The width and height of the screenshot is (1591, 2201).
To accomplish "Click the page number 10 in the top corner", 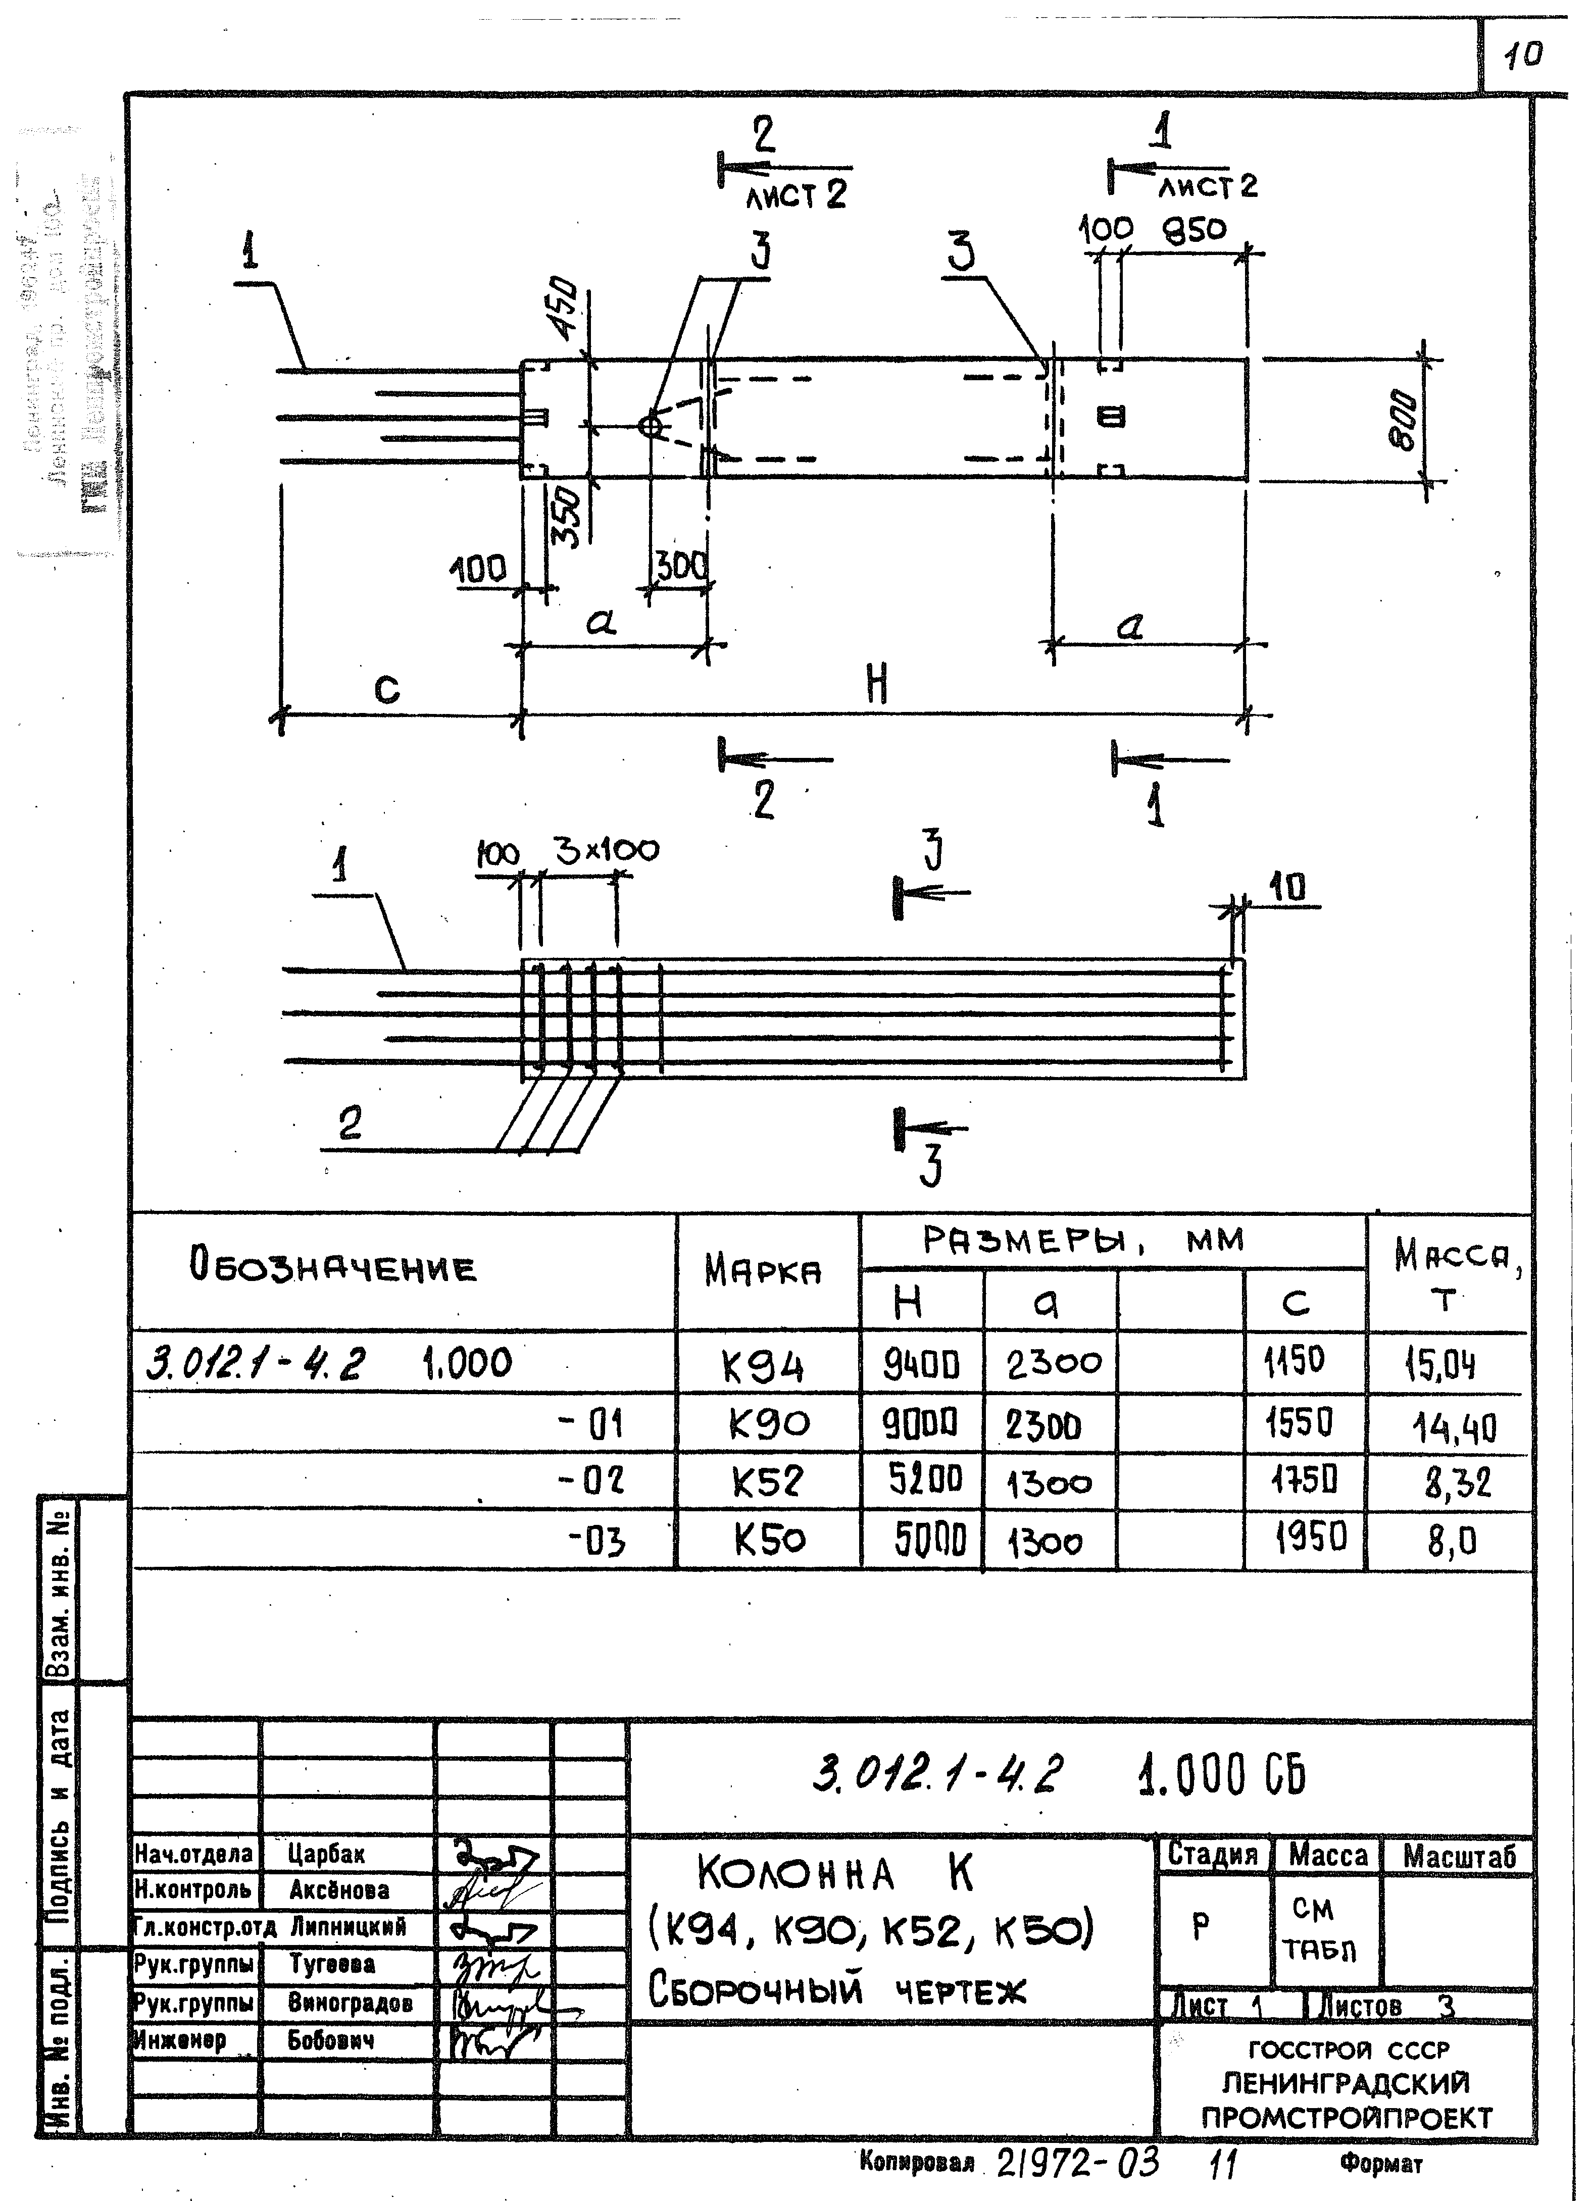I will pos(1522,56).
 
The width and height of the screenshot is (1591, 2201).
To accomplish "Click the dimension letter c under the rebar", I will pos(386,690).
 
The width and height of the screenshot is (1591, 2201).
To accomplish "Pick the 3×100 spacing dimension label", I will pos(607,850).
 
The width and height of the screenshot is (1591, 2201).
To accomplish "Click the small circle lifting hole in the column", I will pos(650,425).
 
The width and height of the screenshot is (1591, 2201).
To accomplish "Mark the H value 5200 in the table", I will pos(925,1481).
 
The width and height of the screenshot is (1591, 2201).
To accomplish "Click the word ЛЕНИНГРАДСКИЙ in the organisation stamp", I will pos(1346,2083).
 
